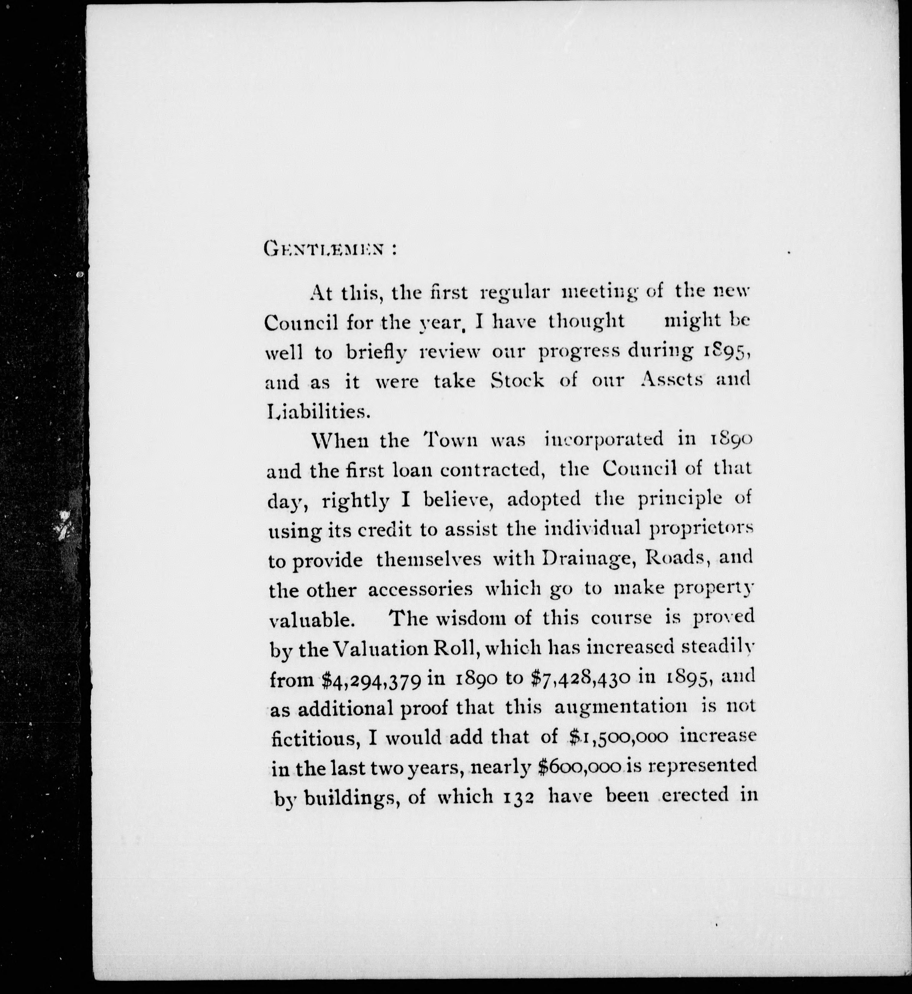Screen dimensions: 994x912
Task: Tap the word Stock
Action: [x=518, y=381]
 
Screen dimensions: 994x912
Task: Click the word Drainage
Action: [x=587, y=559]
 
